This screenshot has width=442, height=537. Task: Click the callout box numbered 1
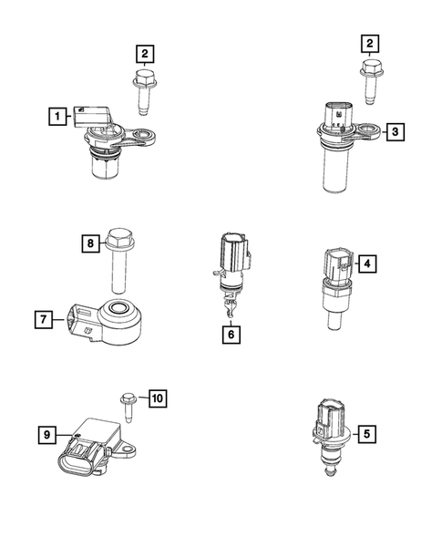coord(57,116)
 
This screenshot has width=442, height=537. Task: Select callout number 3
coord(393,132)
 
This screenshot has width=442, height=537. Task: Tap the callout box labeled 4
coord(366,264)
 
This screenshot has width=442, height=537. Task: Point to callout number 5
coord(366,435)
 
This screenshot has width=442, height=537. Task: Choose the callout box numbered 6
coord(231,335)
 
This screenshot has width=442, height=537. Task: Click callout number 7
coord(43,319)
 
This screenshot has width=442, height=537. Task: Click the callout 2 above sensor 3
coord(369,43)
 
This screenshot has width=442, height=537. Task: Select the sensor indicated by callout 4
coord(338,283)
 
